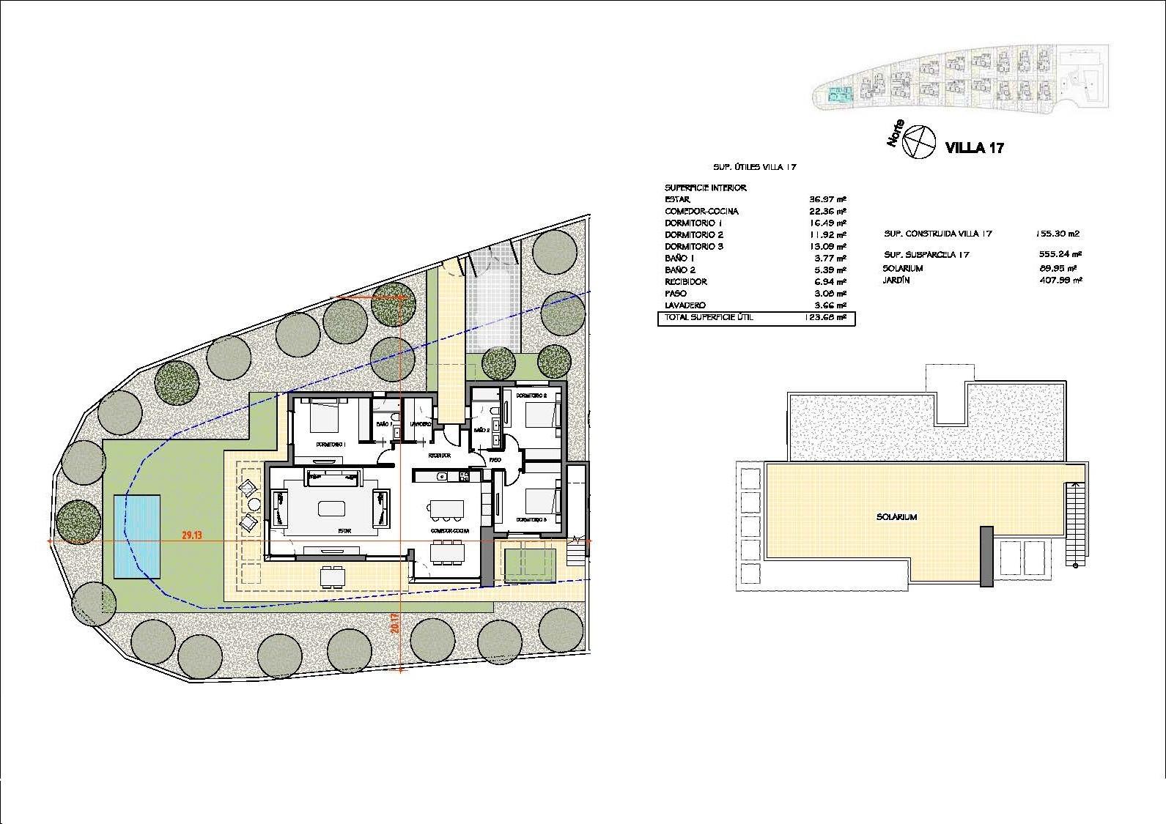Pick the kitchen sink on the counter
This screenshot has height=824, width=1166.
click(x=441, y=477)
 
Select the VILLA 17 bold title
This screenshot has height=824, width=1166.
click(x=975, y=148)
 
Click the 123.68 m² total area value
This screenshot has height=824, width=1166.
click(x=828, y=318)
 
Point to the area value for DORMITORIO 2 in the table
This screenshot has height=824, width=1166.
click(x=828, y=235)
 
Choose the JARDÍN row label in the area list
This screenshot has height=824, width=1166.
click(x=897, y=280)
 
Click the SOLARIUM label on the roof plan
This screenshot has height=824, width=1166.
click(x=896, y=517)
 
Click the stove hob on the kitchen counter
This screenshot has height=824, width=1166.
click(x=464, y=477)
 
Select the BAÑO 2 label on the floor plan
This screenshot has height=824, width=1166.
click(x=481, y=431)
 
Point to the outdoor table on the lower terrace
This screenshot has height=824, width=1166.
click(x=333, y=576)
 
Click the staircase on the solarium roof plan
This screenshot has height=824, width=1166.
click(x=1075, y=524)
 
